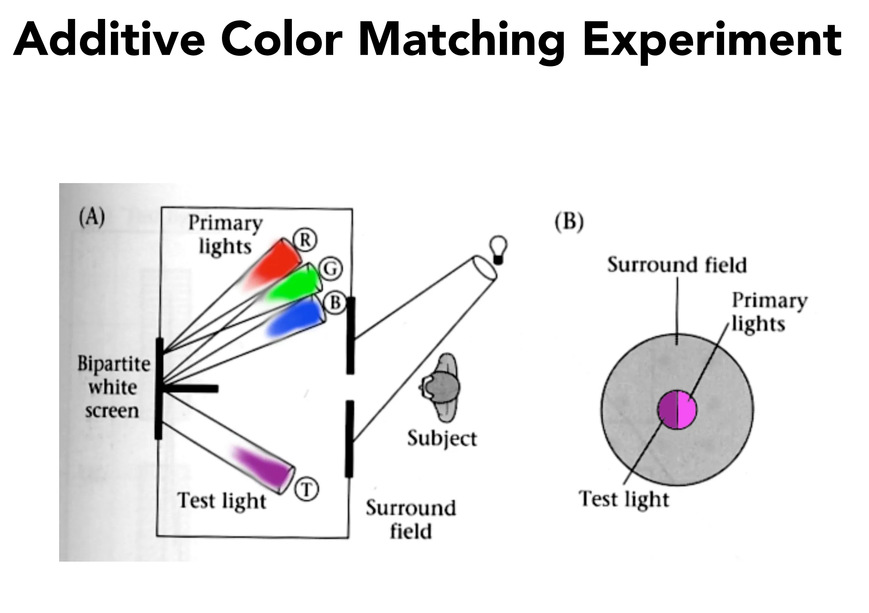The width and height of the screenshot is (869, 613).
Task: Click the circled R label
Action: pos(305,240)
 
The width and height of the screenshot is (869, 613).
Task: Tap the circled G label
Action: pos(331,268)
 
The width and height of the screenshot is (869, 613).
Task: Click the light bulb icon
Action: pos(498,250)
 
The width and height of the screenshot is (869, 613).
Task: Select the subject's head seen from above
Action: pos(442,387)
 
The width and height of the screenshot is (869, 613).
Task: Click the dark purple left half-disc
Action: pos(668,409)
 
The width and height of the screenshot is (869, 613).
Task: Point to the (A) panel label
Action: pos(92,218)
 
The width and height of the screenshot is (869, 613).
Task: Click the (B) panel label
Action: pos(569,222)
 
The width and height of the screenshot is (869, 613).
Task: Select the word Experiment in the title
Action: pos(712,40)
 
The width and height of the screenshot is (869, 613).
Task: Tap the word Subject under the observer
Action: pos(442,439)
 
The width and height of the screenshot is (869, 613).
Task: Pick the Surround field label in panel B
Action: pos(677,265)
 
